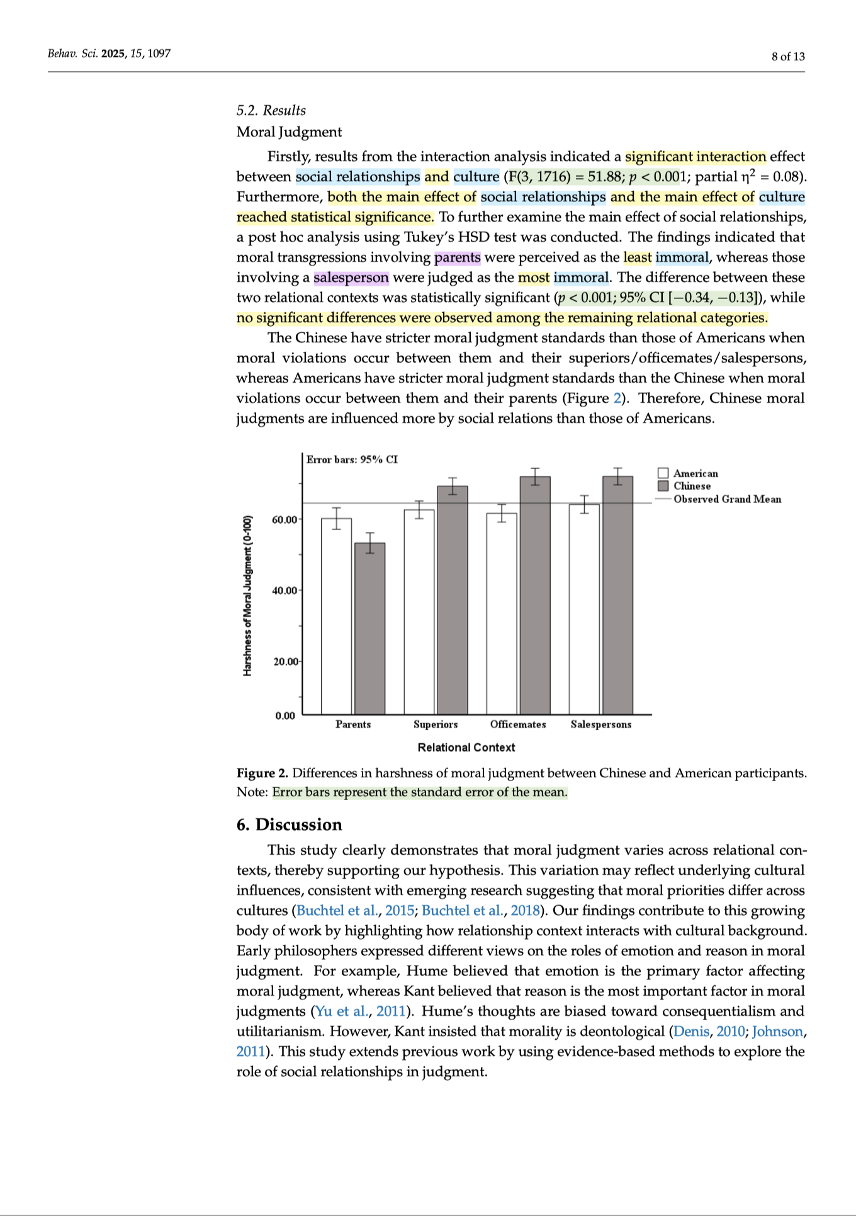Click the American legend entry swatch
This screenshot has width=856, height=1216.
pos(663,473)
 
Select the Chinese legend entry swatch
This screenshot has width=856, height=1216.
pos(663,486)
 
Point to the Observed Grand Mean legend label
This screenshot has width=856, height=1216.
pos(727,499)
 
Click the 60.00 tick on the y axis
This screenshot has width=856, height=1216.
pos(284,519)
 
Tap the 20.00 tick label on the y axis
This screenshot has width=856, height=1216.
pos(284,661)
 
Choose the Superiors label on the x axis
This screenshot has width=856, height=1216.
pos(436,724)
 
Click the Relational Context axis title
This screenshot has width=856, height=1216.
pos(466,747)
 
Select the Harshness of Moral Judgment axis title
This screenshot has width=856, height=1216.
pos(247,595)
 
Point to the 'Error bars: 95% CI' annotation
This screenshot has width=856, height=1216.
pos(352,459)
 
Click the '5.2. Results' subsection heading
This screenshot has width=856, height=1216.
pos(271,110)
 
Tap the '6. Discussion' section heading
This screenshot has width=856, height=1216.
pos(289,825)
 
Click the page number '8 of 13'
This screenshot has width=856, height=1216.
pos(788,57)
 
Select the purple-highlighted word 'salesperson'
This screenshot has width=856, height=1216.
pos(351,278)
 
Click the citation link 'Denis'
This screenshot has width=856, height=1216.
pos(691,1032)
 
